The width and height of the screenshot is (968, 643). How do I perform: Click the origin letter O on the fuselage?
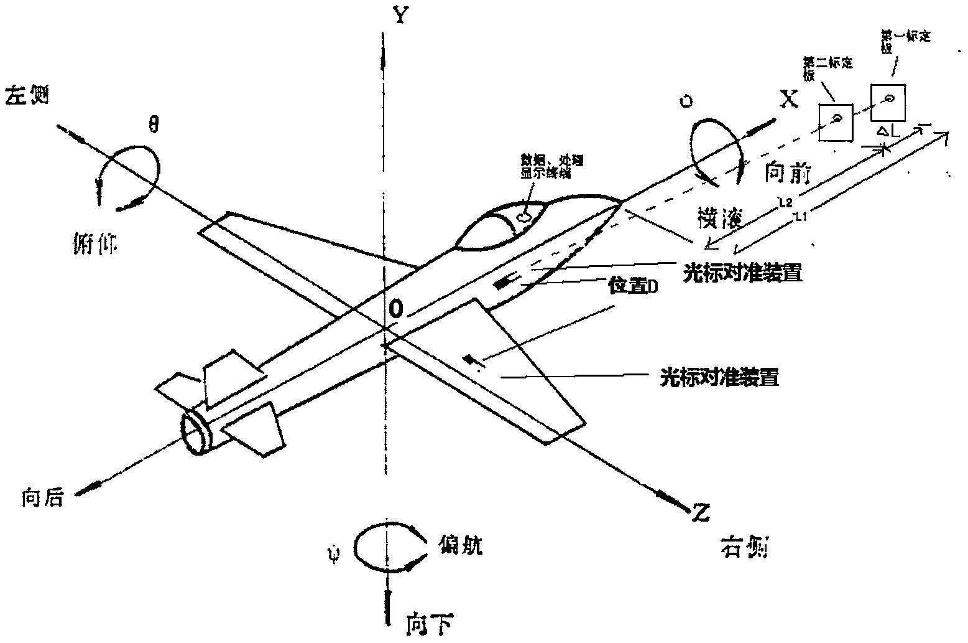(x=397, y=308)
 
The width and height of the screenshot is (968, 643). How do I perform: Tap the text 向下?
(x=429, y=624)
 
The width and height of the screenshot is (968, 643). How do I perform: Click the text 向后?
(x=42, y=498)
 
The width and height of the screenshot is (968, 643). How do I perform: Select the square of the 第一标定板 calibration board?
(x=887, y=103)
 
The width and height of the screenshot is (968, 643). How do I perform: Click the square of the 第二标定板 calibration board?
(x=836, y=122)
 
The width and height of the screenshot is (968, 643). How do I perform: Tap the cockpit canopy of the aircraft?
(x=500, y=223)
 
